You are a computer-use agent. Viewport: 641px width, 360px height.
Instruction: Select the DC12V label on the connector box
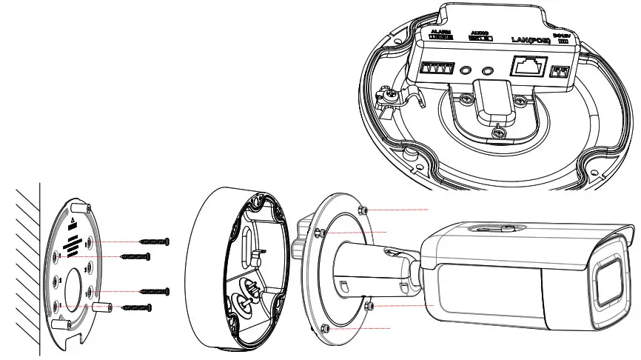tap(563, 36)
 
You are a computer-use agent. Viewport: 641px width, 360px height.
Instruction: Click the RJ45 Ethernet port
tap(528, 68)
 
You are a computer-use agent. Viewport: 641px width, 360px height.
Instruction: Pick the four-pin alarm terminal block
tap(437, 69)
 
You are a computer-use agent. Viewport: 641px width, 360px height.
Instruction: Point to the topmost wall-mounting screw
tap(155, 241)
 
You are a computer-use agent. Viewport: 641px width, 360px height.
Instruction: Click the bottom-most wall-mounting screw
tap(137, 306)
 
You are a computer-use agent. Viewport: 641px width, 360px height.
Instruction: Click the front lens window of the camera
tap(606, 281)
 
